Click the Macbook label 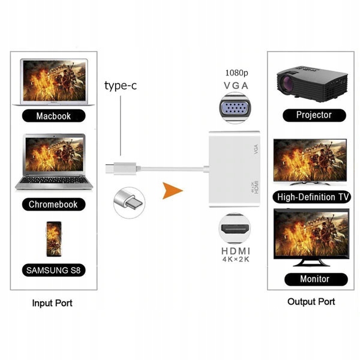coord(52,115)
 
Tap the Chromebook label coord(53,204)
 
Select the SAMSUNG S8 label coord(53,270)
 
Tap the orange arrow coord(172,192)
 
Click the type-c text coord(121,86)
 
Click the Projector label coord(313,115)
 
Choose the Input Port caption coord(52,303)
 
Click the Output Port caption coord(311,302)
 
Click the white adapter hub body coord(234,168)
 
